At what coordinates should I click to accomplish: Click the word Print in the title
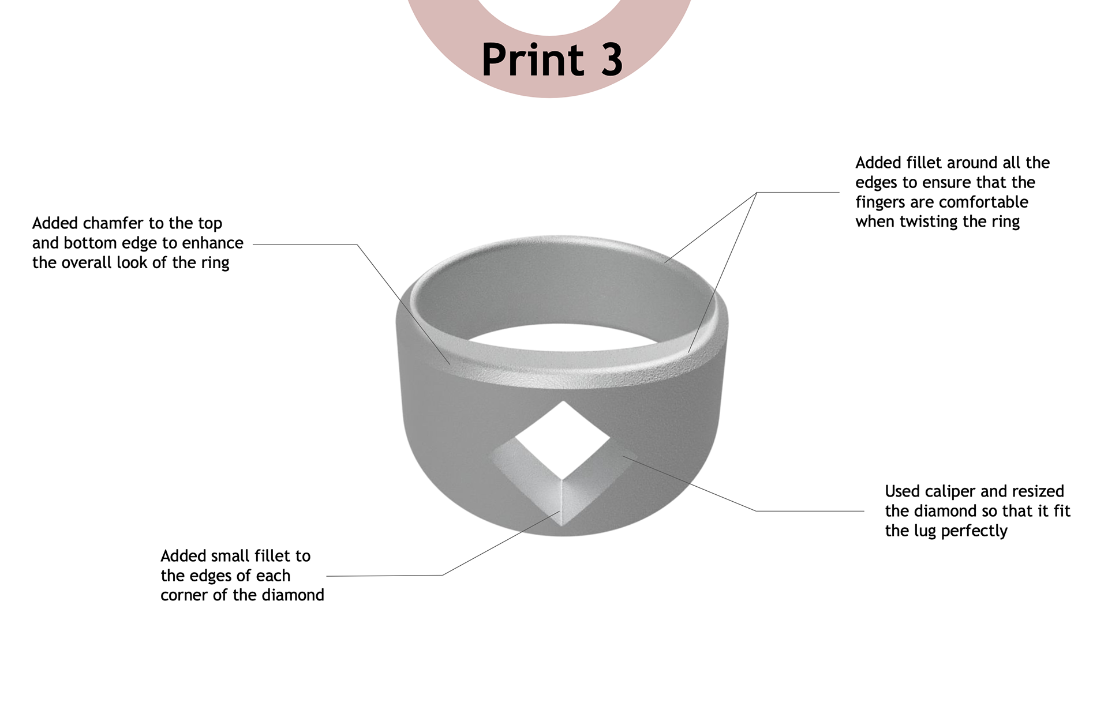click(533, 60)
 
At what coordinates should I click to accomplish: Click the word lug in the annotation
click(925, 531)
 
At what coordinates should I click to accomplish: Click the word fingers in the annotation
click(881, 202)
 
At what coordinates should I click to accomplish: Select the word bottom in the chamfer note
click(90, 243)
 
